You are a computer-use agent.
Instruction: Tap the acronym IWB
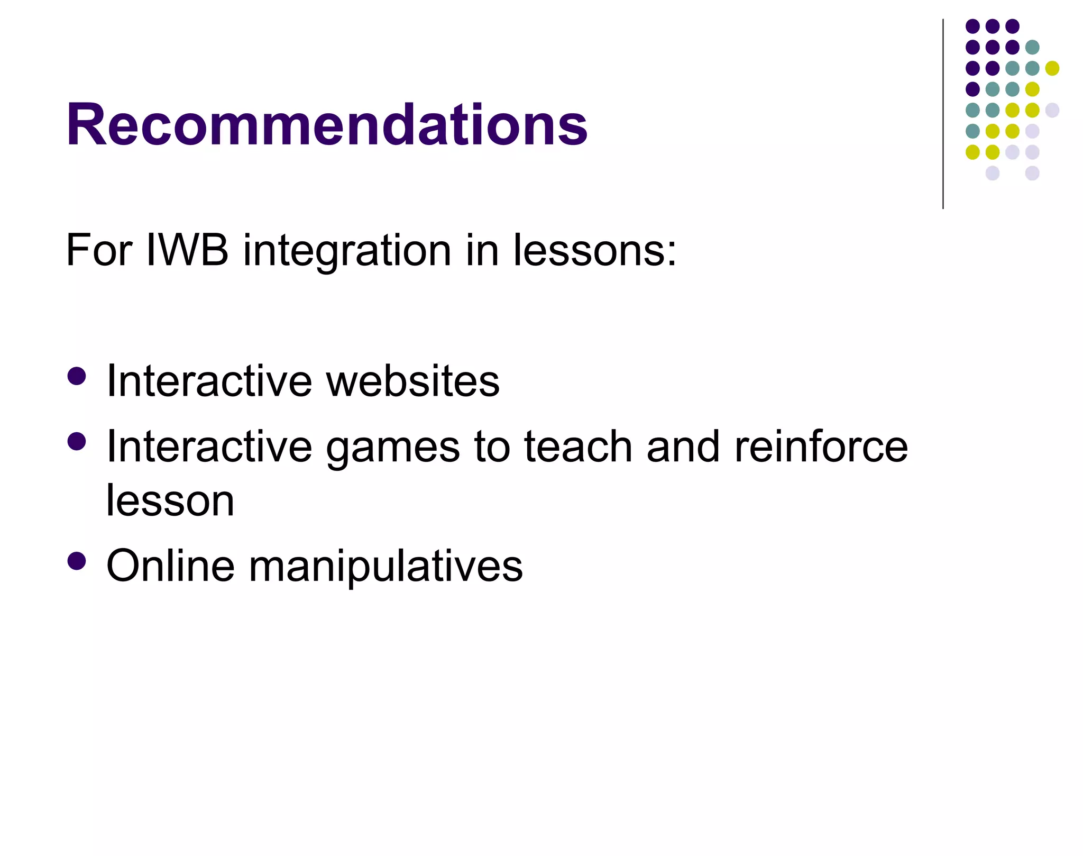(x=187, y=250)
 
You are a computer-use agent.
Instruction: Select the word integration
(x=347, y=251)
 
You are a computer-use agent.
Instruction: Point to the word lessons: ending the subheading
(x=594, y=250)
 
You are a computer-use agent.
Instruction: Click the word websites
(x=412, y=381)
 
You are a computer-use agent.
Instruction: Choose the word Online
(x=170, y=566)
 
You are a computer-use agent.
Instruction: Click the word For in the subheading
(x=99, y=250)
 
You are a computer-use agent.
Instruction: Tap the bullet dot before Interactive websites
(x=77, y=376)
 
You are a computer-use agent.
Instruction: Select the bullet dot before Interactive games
(x=77, y=442)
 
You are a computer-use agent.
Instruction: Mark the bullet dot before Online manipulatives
(x=77, y=561)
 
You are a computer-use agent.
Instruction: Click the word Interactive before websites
(x=209, y=381)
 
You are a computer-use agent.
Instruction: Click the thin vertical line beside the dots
(x=943, y=114)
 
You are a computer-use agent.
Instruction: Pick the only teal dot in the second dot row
(x=1032, y=47)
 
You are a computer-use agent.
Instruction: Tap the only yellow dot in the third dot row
(x=1052, y=68)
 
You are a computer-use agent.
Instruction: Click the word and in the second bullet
(x=683, y=447)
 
